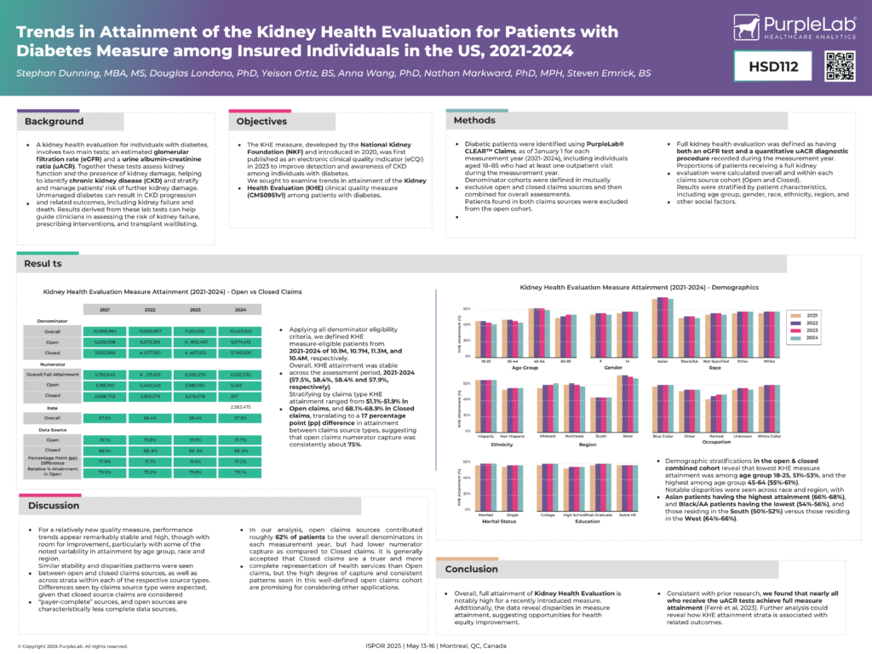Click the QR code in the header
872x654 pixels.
point(839,66)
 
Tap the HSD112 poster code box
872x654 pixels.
point(773,66)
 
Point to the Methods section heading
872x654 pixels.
point(474,120)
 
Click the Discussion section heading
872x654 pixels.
point(54,505)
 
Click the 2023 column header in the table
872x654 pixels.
point(195,309)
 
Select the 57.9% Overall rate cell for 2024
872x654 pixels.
point(240,418)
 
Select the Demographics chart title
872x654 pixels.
point(639,288)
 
